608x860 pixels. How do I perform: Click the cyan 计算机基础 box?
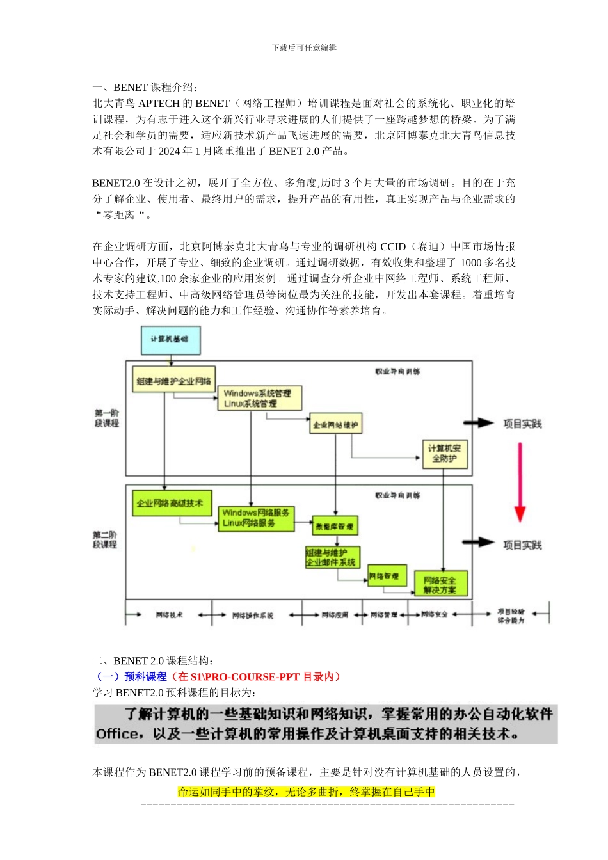[170, 340]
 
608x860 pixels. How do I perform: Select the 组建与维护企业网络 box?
[173, 381]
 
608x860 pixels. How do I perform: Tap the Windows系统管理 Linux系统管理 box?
[259, 399]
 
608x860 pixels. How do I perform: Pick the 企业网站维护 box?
[335, 424]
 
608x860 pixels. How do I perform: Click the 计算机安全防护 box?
[444, 454]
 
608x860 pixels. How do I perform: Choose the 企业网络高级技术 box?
[172, 504]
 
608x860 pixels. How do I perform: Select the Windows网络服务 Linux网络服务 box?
[257, 518]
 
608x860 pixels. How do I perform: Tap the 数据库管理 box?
[335, 527]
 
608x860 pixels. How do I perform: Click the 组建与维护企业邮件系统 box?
[332, 557]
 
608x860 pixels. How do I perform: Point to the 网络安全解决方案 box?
[440, 585]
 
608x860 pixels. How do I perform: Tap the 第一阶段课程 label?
[106, 418]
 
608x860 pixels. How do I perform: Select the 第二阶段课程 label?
[105, 539]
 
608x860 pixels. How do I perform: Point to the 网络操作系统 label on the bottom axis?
[252, 616]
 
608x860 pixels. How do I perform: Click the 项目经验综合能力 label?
[511, 616]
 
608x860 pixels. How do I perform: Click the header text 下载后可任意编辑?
[304, 47]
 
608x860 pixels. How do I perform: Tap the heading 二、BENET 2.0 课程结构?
[153, 660]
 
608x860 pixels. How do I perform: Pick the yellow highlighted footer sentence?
[306, 792]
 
